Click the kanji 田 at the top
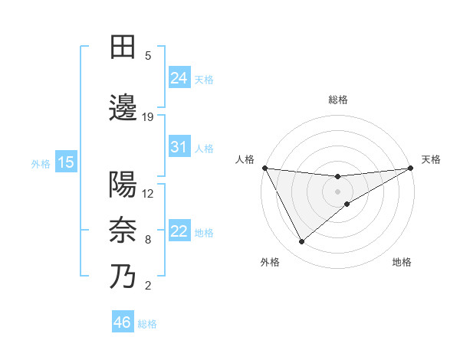click(x=123, y=47)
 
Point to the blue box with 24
click(x=179, y=78)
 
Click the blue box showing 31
click(x=179, y=147)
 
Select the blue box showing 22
click(x=179, y=231)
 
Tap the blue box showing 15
click(x=65, y=162)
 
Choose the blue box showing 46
click(x=123, y=322)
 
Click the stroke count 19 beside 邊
click(x=148, y=117)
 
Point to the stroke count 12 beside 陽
click(x=148, y=193)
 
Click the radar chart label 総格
click(x=338, y=100)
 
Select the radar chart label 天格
click(x=431, y=159)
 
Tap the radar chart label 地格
click(x=402, y=263)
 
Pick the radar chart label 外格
click(x=270, y=263)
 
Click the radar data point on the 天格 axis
click(x=411, y=168)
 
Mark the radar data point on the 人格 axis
click(x=264, y=168)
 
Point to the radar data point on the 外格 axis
click(x=301, y=242)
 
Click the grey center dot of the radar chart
click(x=338, y=191)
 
